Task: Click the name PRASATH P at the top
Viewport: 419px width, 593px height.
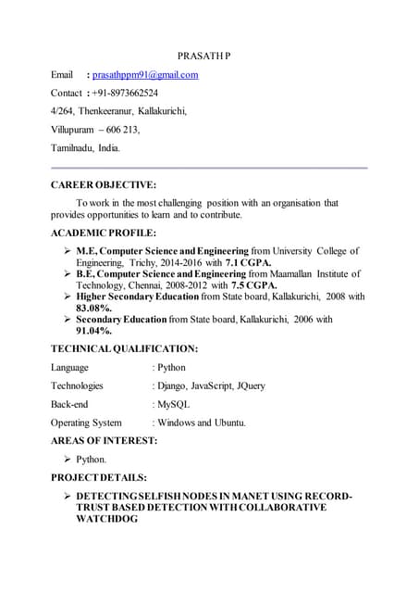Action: pyautogui.click(x=204, y=56)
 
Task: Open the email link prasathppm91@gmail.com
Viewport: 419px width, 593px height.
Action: pyautogui.click(x=145, y=74)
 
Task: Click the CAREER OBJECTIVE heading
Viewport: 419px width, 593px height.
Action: pyautogui.click(x=103, y=184)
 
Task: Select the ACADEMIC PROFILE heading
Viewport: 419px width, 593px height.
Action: pyautogui.click(x=103, y=233)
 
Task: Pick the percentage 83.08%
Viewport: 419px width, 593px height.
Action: pyautogui.click(x=93, y=308)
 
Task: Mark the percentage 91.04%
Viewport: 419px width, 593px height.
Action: pyautogui.click(x=93, y=330)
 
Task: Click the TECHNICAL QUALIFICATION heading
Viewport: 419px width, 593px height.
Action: pyautogui.click(x=124, y=348)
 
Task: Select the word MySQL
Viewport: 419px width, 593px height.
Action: pyautogui.click(x=173, y=404)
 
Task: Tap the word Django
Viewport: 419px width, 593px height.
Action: pyautogui.click(x=175, y=385)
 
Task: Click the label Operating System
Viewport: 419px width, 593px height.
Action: pyautogui.click(x=86, y=423)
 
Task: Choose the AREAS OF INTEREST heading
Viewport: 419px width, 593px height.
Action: pyautogui.click(x=104, y=440)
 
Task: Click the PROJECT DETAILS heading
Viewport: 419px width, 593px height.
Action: pyautogui.click(x=98, y=477)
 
